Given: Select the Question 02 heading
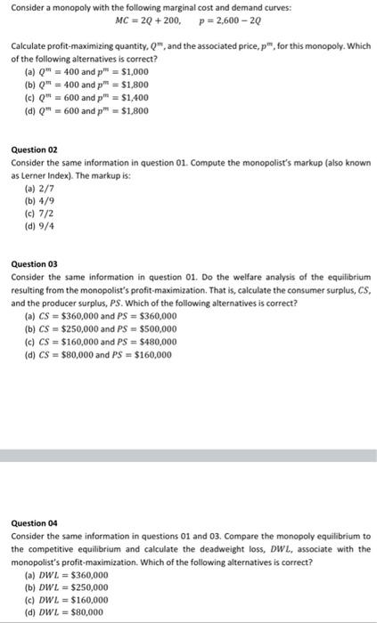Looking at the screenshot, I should point(33,151).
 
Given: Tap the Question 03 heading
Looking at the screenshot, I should point(33,263).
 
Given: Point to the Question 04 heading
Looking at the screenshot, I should point(33,523).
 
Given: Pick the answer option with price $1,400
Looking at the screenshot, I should point(86,98).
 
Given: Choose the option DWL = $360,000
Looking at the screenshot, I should point(67,575).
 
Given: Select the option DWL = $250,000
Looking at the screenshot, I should point(67,588).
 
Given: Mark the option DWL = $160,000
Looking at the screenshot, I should point(67,601).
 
